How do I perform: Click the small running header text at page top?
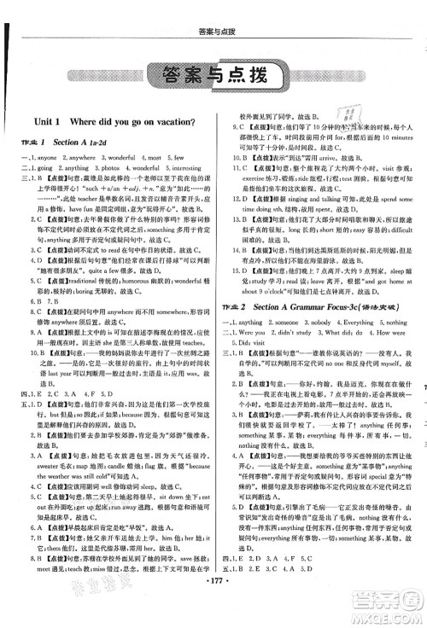coord(213,11)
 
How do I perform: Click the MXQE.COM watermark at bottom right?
coord(394,611)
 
